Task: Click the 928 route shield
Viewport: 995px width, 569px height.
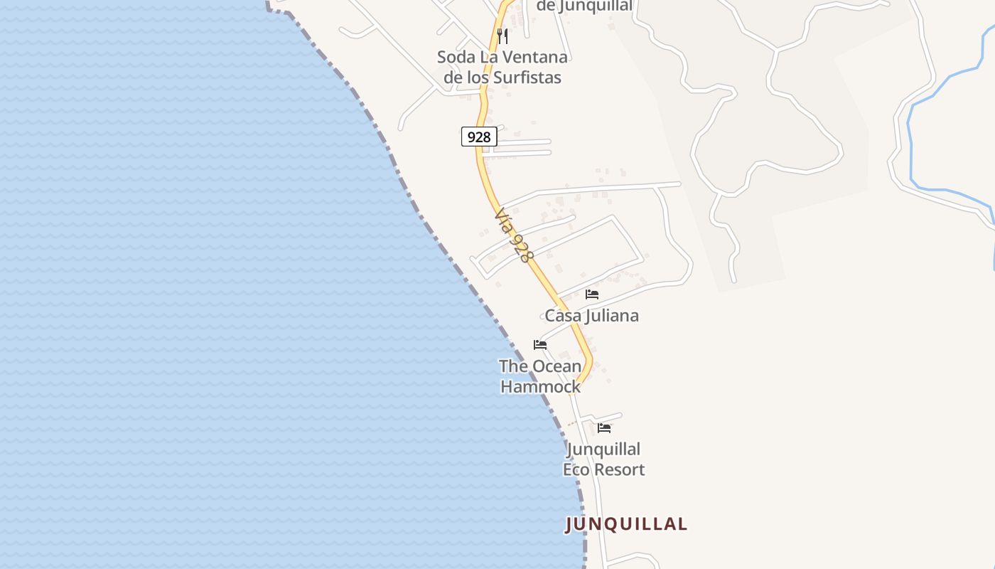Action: point(479,137)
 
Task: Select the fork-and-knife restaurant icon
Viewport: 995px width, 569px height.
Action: point(502,36)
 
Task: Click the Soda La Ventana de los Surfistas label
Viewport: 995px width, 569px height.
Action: point(502,67)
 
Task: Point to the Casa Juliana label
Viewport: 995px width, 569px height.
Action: point(591,316)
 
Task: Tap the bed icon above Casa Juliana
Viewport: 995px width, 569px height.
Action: point(592,294)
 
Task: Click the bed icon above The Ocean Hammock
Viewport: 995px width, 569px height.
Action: point(540,345)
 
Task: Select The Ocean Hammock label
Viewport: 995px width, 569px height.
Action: point(540,376)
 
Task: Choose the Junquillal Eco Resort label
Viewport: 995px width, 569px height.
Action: point(604,459)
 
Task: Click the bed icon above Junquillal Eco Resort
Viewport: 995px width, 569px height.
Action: point(604,428)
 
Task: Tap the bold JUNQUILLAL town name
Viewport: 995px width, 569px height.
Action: point(626,524)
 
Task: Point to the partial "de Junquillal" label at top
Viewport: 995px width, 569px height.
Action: point(584,6)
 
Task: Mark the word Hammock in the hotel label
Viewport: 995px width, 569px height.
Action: point(540,387)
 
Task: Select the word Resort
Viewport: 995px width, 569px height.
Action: point(621,469)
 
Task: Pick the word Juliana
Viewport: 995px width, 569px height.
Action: point(612,316)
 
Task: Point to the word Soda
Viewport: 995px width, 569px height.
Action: point(454,57)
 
